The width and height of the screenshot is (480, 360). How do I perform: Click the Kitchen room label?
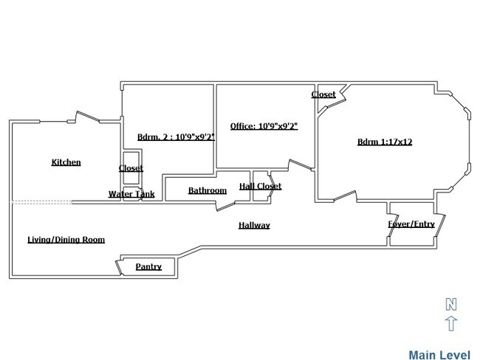click(66, 162)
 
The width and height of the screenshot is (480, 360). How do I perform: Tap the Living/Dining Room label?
click(66, 239)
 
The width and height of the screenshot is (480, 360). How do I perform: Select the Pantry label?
click(148, 266)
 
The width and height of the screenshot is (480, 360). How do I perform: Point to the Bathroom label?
click(207, 190)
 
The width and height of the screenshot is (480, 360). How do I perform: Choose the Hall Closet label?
click(260, 186)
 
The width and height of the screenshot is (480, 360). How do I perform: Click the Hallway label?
click(253, 225)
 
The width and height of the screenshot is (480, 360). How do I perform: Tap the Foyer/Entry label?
click(411, 224)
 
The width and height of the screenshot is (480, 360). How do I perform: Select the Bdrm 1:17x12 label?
click(384, 142)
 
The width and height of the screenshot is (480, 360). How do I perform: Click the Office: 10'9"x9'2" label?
click(264, 126)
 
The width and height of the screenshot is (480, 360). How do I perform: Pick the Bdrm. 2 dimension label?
click(176, 136)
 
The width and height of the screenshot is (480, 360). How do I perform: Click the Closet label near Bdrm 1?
click(323, 94)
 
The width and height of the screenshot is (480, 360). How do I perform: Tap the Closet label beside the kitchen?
click(131, 168)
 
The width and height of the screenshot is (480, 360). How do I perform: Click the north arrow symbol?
click(451, 323)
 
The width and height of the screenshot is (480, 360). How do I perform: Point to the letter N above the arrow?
click(451, 303)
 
